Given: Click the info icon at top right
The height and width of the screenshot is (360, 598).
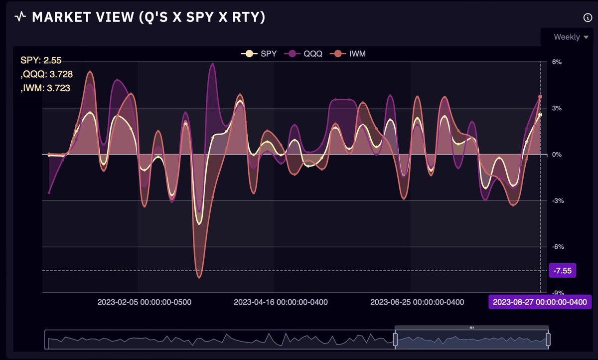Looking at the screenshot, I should [x=587, y=17].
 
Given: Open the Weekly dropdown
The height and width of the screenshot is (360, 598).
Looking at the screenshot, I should [x=571, y=37].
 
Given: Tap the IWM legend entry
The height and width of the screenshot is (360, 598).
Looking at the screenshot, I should [x=349, y=53].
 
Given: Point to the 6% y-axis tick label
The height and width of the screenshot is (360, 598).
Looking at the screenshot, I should [x=557, y=62].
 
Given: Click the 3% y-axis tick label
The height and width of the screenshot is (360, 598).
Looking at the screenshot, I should [x=557, y=108].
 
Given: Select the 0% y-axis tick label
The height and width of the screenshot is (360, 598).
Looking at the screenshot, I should [x=557, y=155].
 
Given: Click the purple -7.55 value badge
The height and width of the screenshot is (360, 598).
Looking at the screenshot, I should [x=563, y=271].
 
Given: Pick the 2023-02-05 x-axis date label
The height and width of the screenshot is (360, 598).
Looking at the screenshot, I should [x=145, y=302].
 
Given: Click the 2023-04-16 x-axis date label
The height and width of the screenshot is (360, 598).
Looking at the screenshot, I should [x=281, y=302].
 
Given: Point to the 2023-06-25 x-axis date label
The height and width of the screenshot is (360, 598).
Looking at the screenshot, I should [x=417, y=302].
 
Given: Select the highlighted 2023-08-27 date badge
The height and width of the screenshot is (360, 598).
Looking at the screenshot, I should [x=539, y=302].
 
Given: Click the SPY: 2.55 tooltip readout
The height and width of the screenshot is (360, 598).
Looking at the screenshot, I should [x=41, y=60].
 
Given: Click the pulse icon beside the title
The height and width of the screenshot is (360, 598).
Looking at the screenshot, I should [x=20, y=17].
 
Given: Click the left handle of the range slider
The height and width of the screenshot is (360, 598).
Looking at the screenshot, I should [x=395, y=340].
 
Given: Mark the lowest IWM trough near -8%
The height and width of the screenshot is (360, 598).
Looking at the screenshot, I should [x=199, y=277].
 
